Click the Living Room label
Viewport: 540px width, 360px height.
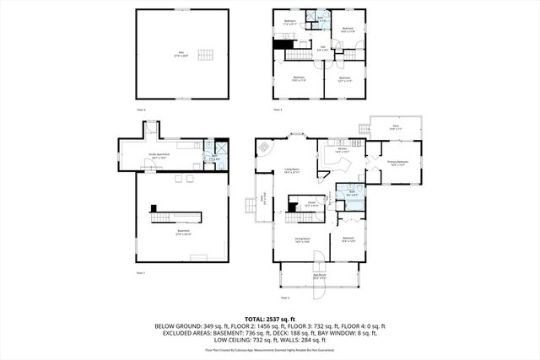coord(294,171)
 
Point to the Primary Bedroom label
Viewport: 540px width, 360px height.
coord(397,163)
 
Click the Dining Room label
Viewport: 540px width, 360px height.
coord(302,239)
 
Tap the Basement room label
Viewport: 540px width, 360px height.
coord(183,232)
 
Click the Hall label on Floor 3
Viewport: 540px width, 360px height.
coord(322,49)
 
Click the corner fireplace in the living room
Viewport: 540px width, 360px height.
coord(266,147)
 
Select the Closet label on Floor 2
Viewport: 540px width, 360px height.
coord(311,203)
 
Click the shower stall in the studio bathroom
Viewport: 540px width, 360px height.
coord(220,145)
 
